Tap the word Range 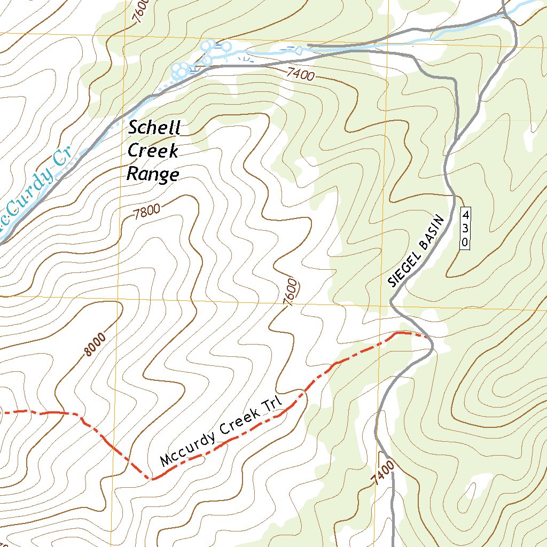click(152, 174)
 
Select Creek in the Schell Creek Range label click(153, 152)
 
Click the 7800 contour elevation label click(147, 214)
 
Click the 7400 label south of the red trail click(385, 472)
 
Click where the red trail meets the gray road click(431, 338)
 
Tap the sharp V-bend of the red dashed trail click(152, 479)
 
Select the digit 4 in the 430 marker click(465, 215)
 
